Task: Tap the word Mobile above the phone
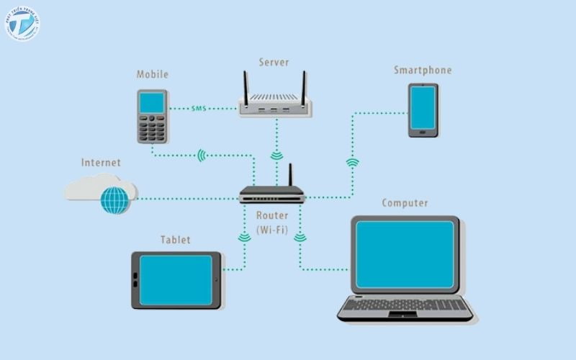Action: click(153, 74)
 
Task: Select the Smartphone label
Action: click(423, 70)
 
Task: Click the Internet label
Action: click(101, 163)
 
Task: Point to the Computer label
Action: click(405, 203)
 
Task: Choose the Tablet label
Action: click(176, 240)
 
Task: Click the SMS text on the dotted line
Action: click(199, 109)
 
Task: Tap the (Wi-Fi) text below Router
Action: click(273, 230)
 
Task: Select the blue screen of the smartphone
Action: click(423, 109)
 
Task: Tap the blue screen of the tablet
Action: click(176, 280)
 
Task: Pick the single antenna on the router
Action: click(291, 176)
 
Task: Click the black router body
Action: click(272, 194)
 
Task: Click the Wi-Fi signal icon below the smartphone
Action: click(352, 163)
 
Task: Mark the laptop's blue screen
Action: click(405, 255)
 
